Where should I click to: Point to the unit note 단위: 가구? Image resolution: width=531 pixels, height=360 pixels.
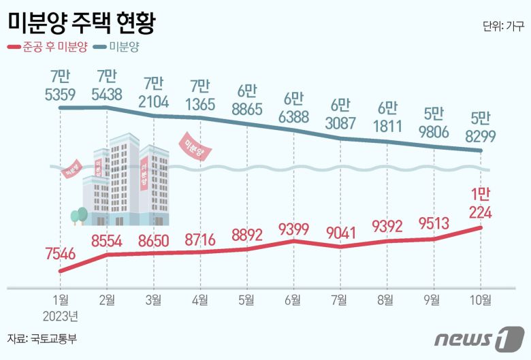(503, 27)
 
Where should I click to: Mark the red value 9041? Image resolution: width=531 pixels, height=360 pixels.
(340, 233)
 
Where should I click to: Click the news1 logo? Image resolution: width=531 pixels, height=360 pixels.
(480, 338)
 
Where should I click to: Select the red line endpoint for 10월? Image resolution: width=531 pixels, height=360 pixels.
(481, 227)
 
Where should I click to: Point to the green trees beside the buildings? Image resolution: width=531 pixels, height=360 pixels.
(79, 216)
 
